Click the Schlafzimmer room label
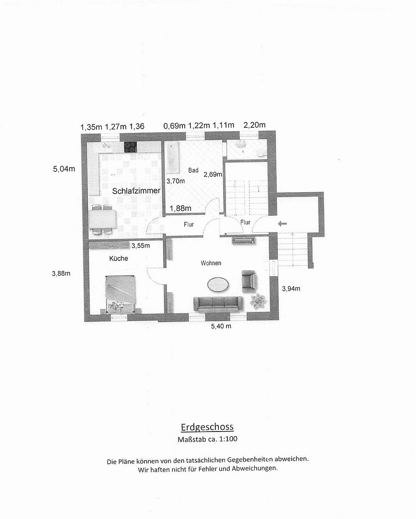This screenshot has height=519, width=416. [136, 191]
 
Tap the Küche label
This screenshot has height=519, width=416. [119, 258]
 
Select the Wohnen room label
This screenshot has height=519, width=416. [211, 263]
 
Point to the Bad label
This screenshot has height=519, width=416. [193, 170]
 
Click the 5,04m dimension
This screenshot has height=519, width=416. [64, 169]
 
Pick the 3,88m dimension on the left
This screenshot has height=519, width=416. [61, 273]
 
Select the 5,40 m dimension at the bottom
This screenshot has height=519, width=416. [221, 326]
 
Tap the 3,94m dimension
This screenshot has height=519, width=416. [291, 289]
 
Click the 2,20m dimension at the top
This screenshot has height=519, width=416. [254, 125]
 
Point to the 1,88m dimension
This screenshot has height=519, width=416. [180, 208]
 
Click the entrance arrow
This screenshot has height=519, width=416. [282, 224]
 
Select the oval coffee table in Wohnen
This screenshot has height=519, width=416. [218, 284]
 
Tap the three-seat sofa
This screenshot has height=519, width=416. [218, 304]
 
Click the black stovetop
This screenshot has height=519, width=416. [131, 147]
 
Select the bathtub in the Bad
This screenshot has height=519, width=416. [172, 158]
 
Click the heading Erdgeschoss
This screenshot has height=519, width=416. [207, 427]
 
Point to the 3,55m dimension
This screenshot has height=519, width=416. [141, 246]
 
